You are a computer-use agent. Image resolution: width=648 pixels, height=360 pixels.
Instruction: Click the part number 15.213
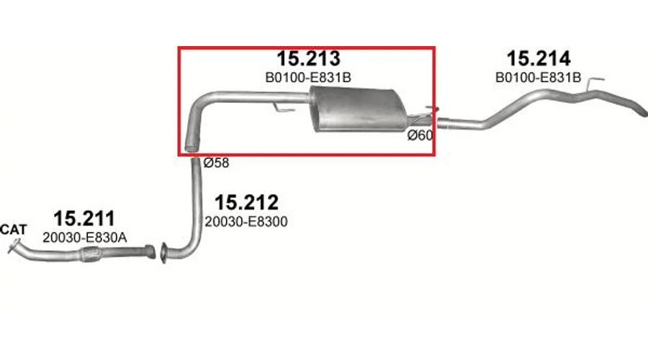308,58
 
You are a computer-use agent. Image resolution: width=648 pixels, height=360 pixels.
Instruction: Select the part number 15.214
539,58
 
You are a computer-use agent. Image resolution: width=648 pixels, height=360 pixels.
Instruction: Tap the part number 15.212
246,202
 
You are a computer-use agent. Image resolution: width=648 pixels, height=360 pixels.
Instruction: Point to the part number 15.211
84,218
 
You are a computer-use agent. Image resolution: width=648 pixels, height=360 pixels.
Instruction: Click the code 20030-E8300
246,222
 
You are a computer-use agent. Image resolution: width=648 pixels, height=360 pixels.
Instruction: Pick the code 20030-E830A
85,238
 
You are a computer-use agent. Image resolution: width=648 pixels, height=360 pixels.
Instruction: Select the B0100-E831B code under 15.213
308,77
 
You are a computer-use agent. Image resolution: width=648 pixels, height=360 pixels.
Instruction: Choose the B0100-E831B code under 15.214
538,77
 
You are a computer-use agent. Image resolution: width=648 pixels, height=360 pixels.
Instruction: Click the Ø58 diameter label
216,163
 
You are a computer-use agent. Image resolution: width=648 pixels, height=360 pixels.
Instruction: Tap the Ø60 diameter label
420,135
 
